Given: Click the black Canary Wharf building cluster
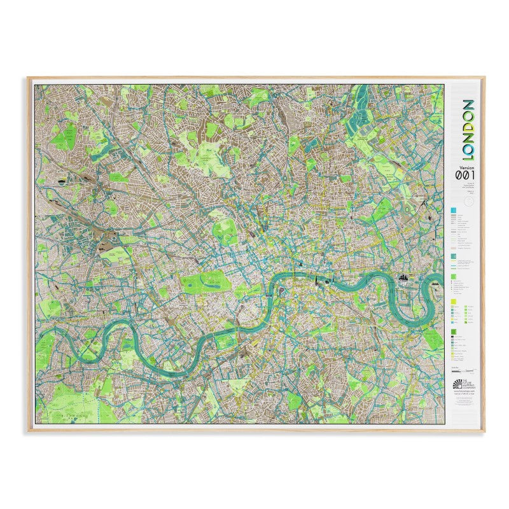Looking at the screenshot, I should point(403,277).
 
